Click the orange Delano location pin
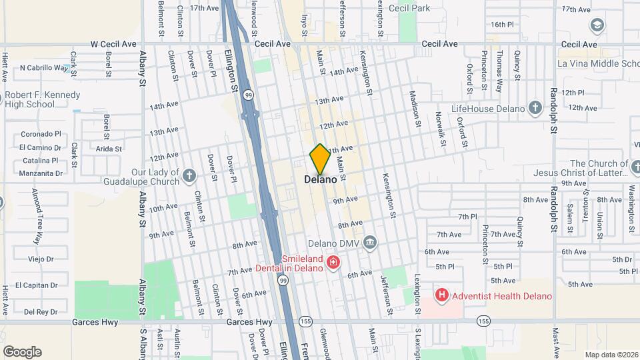coord(320,159)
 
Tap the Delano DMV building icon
coord(371,242)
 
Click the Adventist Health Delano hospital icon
coord(441,294)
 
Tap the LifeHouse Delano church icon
coord(534,107)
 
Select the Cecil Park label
coord(410,9)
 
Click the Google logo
coord(21,351)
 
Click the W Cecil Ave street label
coord(113,44)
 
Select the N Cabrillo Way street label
coord(45,67)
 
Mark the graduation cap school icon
coord(597,25)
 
